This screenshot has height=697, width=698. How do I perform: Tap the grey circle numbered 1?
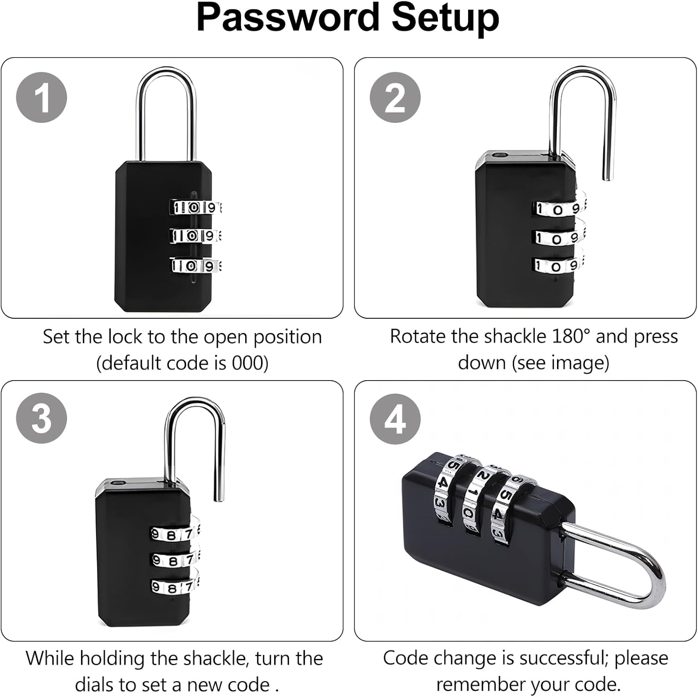pyautogui.click(x=41, y=98)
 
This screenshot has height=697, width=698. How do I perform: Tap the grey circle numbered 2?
pyautogui.click(x=395, y=98)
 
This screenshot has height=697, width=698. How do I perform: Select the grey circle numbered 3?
pyautogui.click(x=41, y=418)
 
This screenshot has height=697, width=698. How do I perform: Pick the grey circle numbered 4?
pyautogui.click(x=395, y=419)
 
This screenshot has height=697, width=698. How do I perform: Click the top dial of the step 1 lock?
pyautogui.click(x=195, y=207)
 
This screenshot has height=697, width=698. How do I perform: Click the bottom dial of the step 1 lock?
pyautogui.click(x=195, y=266)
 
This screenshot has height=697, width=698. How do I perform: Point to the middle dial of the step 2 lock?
pyautogui.click(x=558, y=238)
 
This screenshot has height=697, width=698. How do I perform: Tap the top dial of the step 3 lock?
pyautogui.click(x=175, y=534)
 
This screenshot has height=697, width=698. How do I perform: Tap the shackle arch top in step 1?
pyautogui.click(x=166, y=71)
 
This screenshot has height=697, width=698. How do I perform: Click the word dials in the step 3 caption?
pyautogui.click(x=96, y=684)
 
